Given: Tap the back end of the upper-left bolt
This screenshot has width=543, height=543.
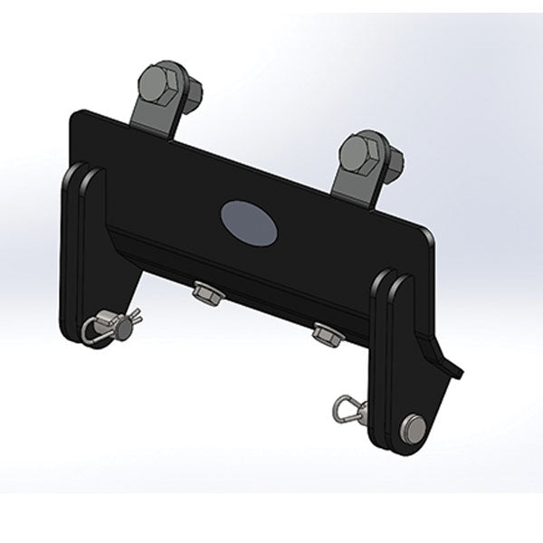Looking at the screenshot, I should click(x=193, y=89).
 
